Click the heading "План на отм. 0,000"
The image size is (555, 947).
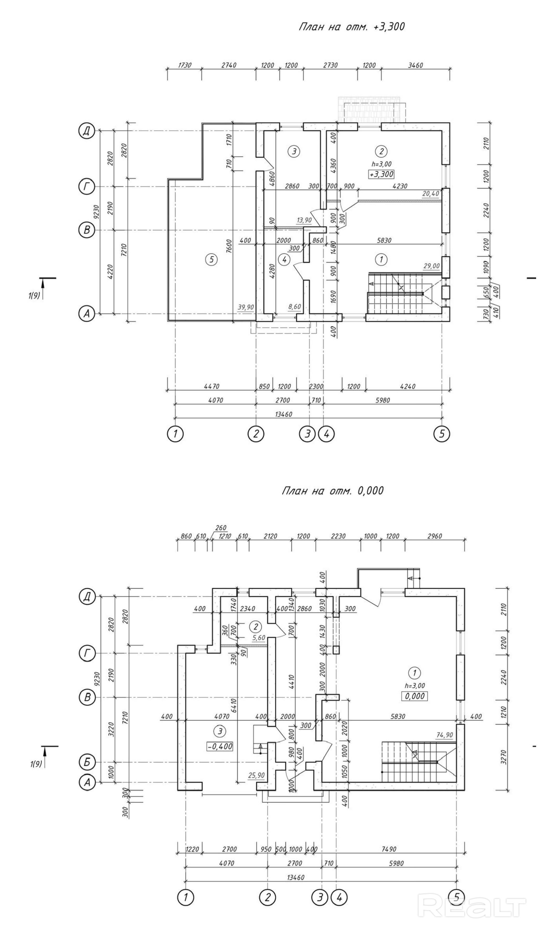333,491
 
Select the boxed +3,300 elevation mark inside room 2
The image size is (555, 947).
381,174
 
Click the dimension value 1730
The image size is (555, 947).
184,65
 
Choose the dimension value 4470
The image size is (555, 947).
211,386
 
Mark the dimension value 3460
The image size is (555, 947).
415,65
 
